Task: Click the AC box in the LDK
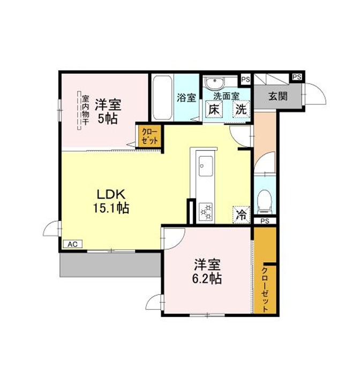click(73, 245)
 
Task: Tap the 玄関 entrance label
click(278, 96)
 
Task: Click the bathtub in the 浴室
click(162, 98)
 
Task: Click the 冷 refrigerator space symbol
click(241, 215)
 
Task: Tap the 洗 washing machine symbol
click(241, 109)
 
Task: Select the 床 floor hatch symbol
click(214, 109)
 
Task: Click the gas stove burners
click(206, 212)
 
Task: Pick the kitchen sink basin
click(206, 166)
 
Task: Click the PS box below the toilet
click(265, 221)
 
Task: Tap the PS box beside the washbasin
click(245, 79)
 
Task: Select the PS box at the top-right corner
click(297, 77)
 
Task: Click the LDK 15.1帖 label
click(111, 202)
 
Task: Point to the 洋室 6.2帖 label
click(207, 271)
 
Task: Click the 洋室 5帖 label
click(108, 111)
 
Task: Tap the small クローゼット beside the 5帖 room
click(149, 136)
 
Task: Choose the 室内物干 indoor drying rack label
click(86, 111)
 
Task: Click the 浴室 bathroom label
click(186, 97)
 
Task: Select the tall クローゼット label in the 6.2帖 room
click(265, 290)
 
